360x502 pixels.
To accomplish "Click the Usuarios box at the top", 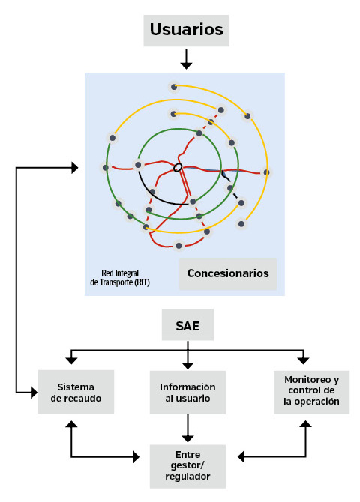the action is (186, 31).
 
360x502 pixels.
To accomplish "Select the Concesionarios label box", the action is (227, 274).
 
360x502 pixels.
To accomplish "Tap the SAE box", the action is (187, 324).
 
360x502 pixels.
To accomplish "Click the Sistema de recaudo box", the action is (76, 392).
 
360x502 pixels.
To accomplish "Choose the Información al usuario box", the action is (187, 393).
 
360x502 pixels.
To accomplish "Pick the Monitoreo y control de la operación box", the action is (311, 392).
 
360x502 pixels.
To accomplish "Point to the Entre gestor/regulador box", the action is (187, 466).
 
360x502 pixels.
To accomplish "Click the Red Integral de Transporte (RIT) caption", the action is (120, 277).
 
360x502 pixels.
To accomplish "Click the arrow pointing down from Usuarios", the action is (186, 59).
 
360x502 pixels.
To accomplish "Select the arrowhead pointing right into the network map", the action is (75, 167).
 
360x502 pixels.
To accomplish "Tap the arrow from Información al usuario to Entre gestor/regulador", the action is (187, 429).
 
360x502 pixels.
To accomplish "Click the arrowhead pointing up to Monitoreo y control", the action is (306, 423).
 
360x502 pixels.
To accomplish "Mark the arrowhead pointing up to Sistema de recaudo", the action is (71, 424).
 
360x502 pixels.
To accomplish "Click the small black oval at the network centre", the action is (178, 167).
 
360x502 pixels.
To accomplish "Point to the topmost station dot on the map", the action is (174, 87).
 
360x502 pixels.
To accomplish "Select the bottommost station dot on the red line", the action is (179, 246).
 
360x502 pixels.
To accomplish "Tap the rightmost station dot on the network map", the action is (266, 172).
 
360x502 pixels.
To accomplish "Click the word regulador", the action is (187, 477).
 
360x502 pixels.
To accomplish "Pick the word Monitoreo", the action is (307, 380).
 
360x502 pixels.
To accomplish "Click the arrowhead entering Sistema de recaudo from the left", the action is (34, 392).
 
